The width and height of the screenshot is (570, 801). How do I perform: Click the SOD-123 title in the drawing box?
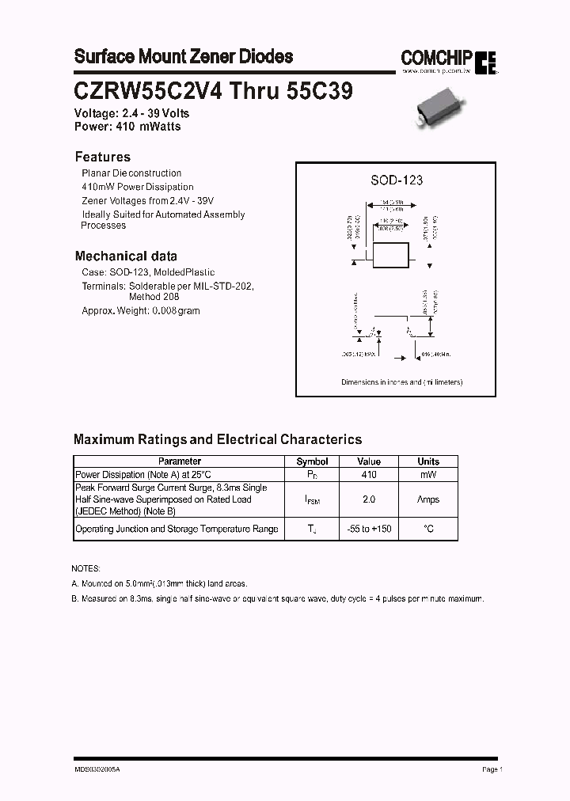point(397,180)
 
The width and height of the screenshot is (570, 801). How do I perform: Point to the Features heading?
point(102,157)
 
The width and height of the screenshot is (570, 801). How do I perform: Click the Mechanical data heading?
point(126,256)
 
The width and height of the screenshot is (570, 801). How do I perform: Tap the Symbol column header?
point(312,461)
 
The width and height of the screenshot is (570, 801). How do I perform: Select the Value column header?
point(369,461)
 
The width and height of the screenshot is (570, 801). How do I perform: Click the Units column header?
point(428,461)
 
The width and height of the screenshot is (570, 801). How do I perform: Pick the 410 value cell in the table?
point(369,474)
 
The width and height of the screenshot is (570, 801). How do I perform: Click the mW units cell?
point(428,474)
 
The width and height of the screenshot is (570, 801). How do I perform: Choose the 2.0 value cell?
point(369,499)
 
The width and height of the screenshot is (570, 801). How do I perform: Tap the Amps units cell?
point(428,499)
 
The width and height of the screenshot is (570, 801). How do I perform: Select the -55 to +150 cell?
point(369,529)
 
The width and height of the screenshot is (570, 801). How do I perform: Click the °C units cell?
point(428,529)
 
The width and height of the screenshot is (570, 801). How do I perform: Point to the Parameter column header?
point(180,461)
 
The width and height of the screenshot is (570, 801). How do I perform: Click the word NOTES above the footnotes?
point(85,569)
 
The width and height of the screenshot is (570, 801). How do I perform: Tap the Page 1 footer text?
point(492,769)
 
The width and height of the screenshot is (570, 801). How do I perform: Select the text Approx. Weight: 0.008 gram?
point(141,311)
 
